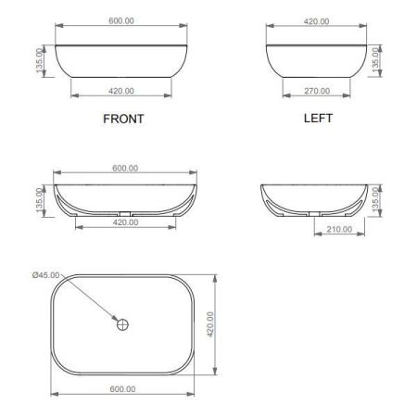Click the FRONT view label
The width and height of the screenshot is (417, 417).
(123, 119)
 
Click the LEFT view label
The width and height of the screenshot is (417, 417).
(318, 119)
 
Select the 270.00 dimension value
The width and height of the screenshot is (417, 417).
(317, 91)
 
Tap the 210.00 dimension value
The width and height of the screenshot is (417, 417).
(339, 229)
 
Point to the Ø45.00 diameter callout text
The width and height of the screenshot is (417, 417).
(46, 275)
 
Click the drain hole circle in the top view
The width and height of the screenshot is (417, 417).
(122, 324)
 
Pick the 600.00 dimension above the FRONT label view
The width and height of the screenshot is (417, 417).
(121, 20)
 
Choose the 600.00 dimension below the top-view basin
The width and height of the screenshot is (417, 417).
(122, 389)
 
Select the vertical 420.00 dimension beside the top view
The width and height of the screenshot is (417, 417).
(210, 324)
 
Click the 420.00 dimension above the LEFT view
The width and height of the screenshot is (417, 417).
(316, 21)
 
